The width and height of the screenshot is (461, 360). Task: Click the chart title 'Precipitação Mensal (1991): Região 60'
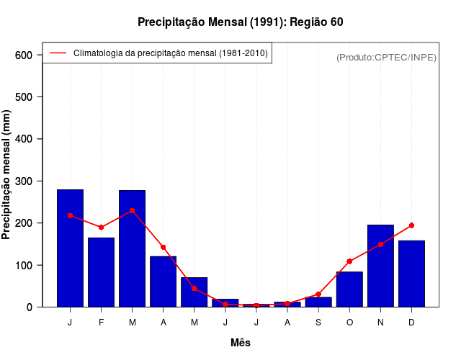pos(240,22)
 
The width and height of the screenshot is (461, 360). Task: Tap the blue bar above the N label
pos(380,266)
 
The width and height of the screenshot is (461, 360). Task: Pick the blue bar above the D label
pos(411,274)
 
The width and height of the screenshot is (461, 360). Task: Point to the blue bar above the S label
pos(318,302)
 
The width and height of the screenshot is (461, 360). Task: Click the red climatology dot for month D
pos(411,225)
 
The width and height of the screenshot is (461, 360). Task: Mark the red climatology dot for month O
pos(349,261)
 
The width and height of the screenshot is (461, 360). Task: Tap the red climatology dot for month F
pos(102,228)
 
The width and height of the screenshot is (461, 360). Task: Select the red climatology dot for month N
pos(380,245)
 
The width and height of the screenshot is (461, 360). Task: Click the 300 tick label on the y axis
pos(24,181)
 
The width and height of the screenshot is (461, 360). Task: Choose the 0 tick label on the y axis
pos(30,307)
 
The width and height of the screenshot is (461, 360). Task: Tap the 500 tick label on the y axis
pos(24,97)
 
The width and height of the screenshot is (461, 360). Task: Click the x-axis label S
pos(318,322)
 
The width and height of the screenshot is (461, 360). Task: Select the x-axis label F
pos(102,322)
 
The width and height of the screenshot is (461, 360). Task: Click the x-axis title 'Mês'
pos(241,343)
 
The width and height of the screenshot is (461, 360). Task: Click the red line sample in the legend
pos(58,53)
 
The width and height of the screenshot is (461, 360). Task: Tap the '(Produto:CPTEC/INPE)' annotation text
pos(386,57)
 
